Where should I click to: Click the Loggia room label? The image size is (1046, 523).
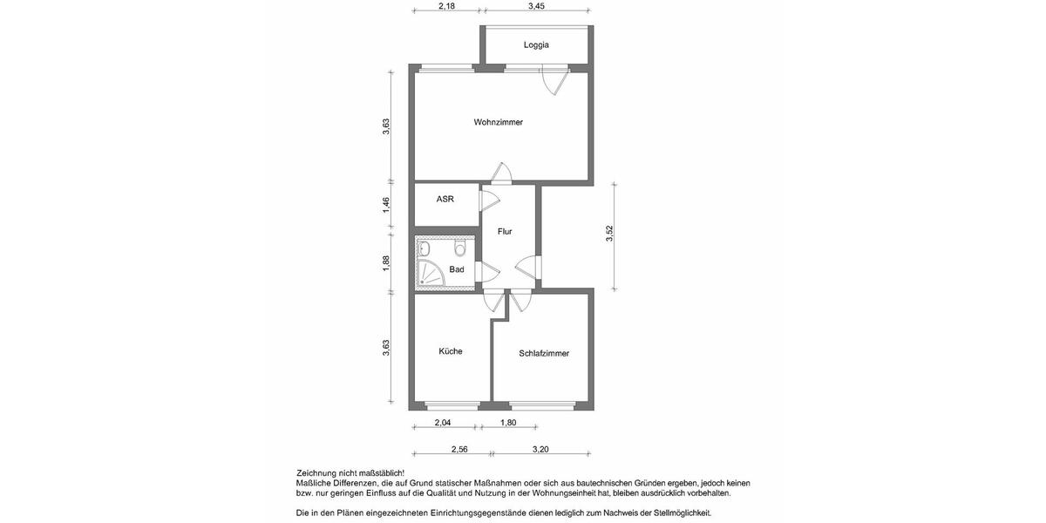(536, 44)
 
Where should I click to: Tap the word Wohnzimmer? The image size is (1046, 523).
(498, 122)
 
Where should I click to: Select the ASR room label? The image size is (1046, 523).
(445, 199)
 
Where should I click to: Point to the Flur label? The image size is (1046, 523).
(504, 232)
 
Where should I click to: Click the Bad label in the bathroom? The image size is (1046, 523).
(457, 270)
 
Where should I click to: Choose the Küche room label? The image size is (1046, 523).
(451, 351)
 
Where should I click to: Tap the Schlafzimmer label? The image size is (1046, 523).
(544, 353)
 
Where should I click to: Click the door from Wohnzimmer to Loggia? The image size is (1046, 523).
(553, 83)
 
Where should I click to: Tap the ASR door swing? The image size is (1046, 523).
(489, 200)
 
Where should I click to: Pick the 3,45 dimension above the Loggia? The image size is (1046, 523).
(536, 6)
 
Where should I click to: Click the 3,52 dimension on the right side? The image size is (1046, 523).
(610, 234)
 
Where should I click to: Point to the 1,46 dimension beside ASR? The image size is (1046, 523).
(386, 207)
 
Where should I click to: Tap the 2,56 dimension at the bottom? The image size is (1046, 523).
(458, 449)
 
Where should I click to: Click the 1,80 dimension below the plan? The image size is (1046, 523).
(507, 423)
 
